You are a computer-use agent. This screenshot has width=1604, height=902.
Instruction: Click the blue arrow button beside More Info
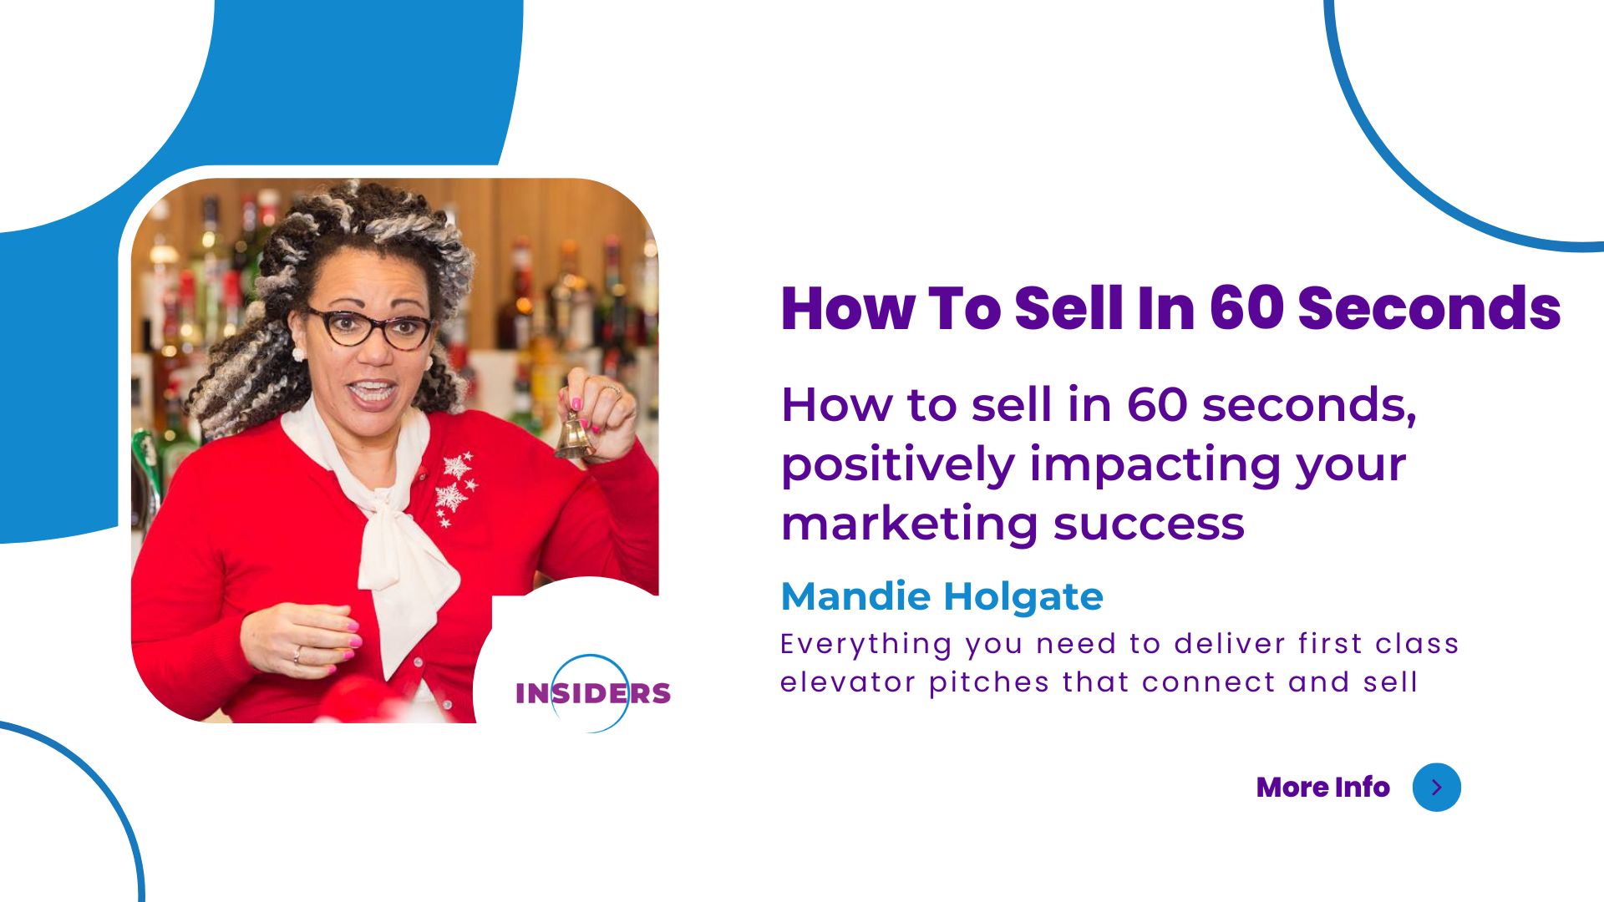(x=1436, y=787)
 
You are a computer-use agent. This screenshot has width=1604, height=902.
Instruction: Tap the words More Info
(x=1322, y=787)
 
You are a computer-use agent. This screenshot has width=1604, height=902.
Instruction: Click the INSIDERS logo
(x=593, y=693)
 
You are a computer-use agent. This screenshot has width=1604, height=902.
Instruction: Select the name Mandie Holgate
(x=942, y=596)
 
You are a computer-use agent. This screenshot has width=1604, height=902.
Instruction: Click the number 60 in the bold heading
(x=1246, y=308)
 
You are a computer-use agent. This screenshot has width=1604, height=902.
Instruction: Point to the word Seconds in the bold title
(x=1429, y=308)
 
